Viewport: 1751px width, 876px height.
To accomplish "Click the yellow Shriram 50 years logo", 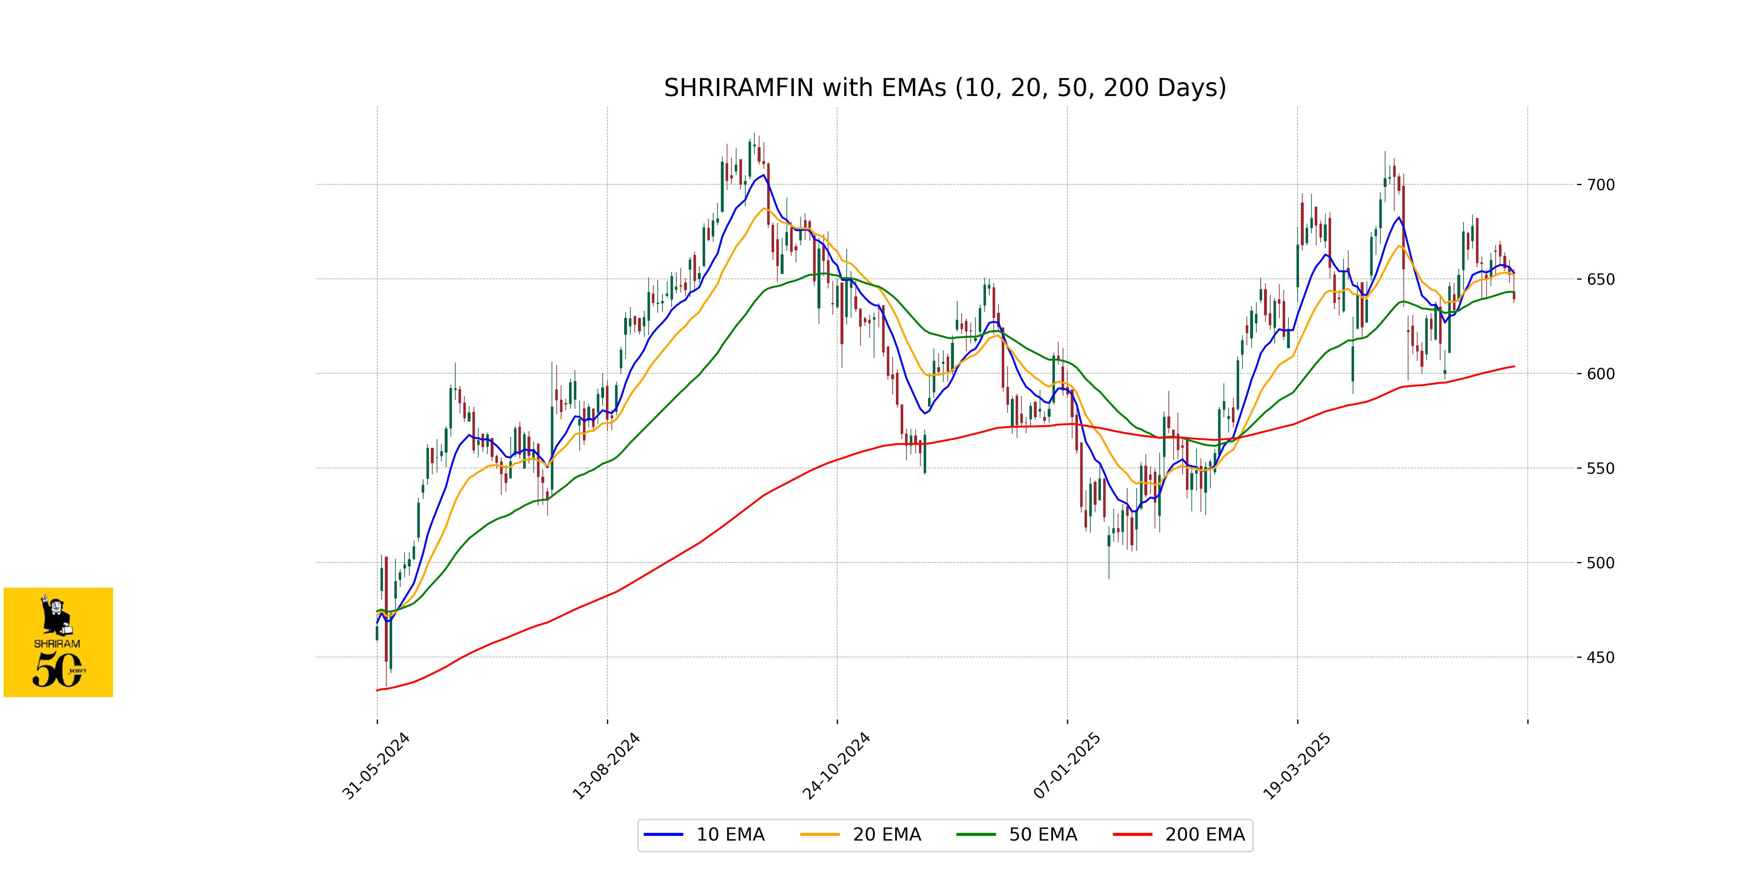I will tap(58, 642).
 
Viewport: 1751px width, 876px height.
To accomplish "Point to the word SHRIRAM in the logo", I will tap(57, 643).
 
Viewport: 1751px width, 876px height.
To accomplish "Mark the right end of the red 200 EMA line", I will tap(1514, 366).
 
